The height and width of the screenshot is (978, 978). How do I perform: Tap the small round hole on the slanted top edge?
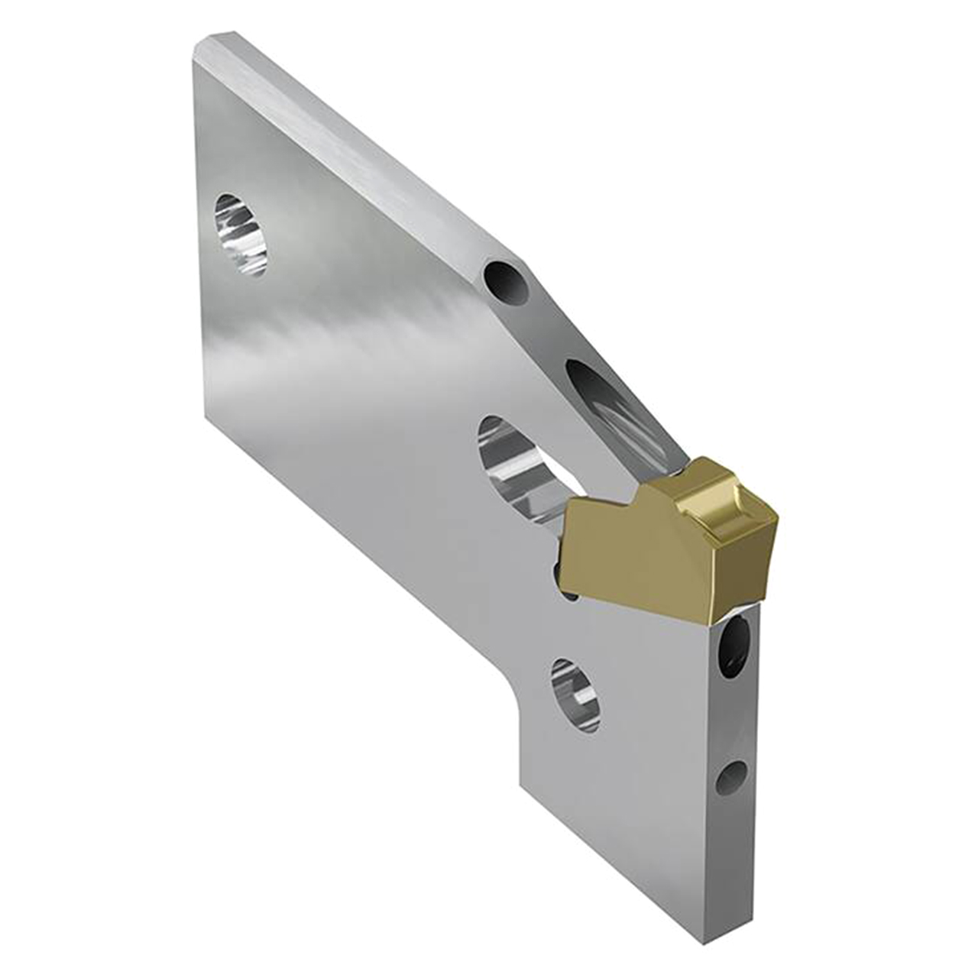[507, 283]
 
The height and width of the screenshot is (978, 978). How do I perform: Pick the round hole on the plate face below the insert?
[575, 693]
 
